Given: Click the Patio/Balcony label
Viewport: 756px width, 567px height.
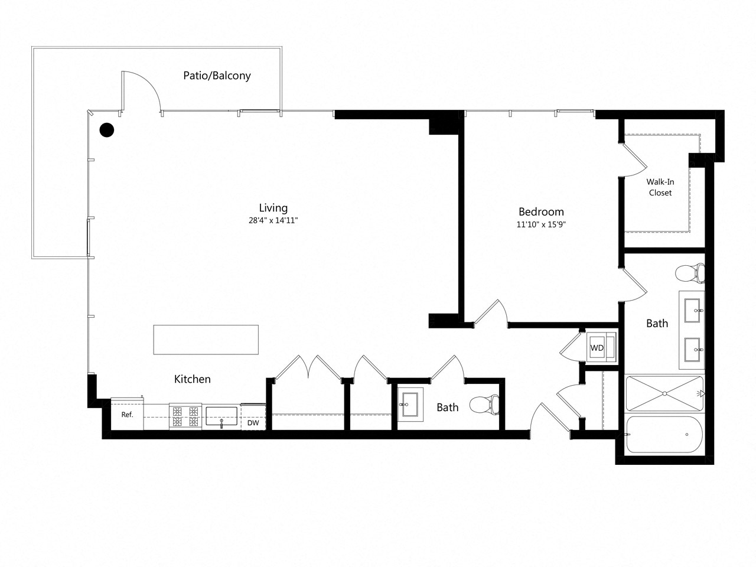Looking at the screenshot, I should point(217,76).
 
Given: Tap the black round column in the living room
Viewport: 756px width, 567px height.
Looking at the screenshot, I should point(106,130).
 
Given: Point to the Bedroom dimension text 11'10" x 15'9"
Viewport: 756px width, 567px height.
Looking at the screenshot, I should point(541,224).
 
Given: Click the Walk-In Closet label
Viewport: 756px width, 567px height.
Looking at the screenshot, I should point(660,187).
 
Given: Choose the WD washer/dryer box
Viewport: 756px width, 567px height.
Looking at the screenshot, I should point(598,348).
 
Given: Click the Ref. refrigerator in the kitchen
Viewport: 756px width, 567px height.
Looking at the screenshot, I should point(127,415).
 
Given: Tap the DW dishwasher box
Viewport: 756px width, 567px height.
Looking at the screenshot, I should point(253,423).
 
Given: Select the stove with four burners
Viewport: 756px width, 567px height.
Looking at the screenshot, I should point(185,416).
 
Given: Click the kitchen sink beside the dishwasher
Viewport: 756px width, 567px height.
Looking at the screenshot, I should point(221,416).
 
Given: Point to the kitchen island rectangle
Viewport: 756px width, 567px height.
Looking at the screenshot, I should point(206,340).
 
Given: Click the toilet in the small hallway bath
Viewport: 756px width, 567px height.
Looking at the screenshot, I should point(484,405).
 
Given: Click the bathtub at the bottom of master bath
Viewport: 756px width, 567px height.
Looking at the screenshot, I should point(664,435).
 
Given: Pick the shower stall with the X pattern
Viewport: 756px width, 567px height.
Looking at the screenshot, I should point(664,393).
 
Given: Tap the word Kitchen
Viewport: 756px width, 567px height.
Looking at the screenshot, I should point(192,379).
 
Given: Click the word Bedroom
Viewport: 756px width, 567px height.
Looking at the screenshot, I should point(541,211).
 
